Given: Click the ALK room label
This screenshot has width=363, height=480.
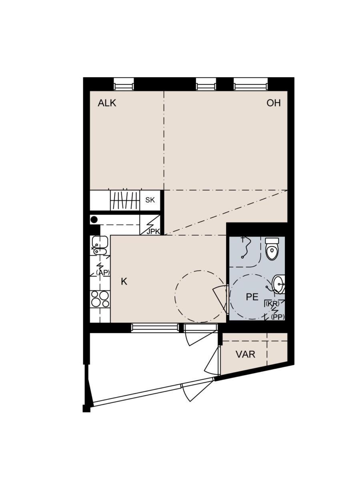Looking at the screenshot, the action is click(x=107, y=103).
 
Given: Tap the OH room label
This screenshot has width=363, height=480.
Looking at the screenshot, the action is click(x=273, y=103).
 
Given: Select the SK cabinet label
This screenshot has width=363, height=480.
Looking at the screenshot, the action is click(x=150, y=200).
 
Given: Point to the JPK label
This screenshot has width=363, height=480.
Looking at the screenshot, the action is click(x=153, y=232).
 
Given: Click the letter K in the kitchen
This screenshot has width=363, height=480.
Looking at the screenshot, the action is click(x=124, y=282).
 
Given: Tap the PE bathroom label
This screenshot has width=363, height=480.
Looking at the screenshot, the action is click(x=252, y=297).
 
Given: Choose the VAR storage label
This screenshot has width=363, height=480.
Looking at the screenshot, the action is click(x=245, y=354).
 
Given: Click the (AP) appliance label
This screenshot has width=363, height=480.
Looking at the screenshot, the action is click(x=103, y=272).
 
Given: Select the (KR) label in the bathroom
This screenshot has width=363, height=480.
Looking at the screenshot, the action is click(x=273, y=304).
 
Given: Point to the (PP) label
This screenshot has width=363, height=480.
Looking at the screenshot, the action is click(x=278, y=317).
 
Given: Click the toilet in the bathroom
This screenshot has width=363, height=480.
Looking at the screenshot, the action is click(x=272, y=249).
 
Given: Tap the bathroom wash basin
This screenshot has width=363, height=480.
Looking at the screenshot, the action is click(x=279, y=284).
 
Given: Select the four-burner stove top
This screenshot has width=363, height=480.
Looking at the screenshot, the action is click(x=100, y=299).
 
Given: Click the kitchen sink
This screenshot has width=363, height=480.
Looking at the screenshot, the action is click(x=100, y=245).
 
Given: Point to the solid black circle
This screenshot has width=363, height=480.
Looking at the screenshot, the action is click(x=94, y=220).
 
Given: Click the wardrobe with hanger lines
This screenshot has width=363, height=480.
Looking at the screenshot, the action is click(x=125, y=200).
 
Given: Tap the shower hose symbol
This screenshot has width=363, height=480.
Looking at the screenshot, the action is click(x=245, y=248).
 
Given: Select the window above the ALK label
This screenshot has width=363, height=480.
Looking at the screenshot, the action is click(x=124, y=84).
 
